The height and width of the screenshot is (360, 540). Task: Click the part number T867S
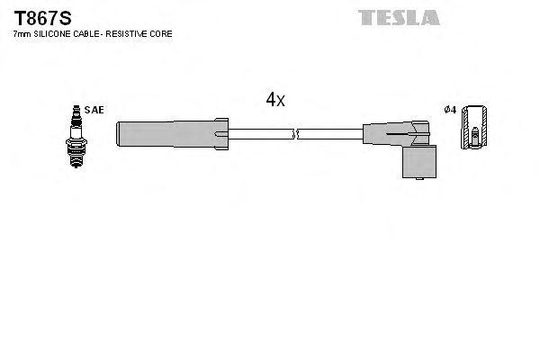[35, 18]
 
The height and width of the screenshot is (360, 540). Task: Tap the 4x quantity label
[274, 101]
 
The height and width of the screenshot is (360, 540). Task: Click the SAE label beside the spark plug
[95, 110]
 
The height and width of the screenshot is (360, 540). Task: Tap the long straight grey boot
[166, 134]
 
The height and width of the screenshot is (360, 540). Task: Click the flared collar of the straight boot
[220, 134]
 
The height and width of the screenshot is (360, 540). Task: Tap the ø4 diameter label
[451, 110]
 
